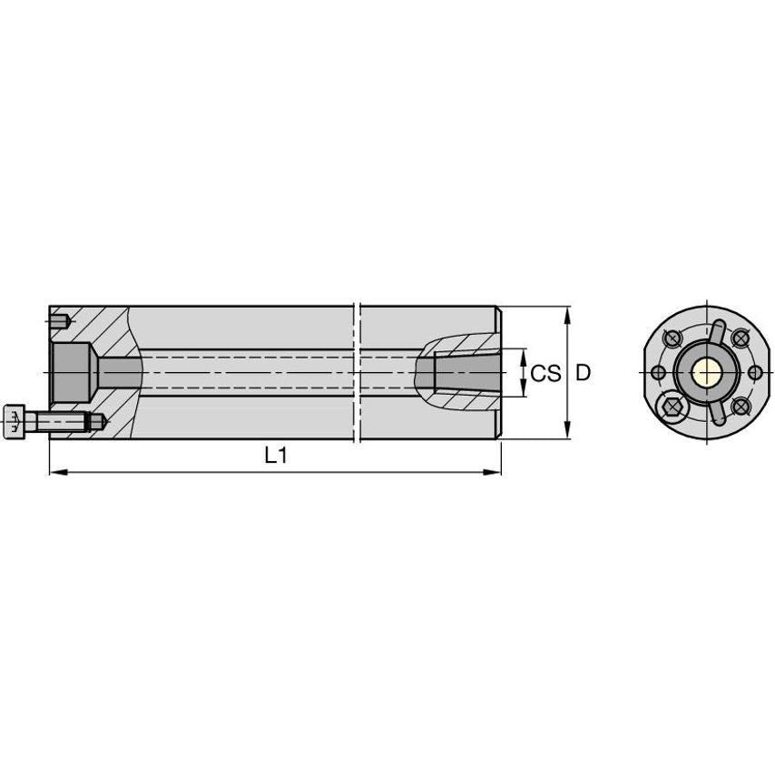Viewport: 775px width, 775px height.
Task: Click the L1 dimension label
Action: tap(276, 456)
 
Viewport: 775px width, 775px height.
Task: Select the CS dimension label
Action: tap(545, 373)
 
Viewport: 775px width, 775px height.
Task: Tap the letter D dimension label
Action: tap(584, 373)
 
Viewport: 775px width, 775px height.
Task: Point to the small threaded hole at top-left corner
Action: tap(60, 320)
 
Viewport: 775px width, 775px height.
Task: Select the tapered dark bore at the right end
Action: tap(467, 373)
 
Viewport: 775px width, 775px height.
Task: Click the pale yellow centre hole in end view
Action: tap(705, 372)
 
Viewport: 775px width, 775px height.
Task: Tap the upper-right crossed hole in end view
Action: tap(740, 338)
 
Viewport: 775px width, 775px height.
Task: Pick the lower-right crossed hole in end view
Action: tap(740, 406)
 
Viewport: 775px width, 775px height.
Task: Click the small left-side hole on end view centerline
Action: tap(656, 372)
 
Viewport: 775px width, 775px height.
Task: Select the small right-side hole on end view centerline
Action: tap(754, 372)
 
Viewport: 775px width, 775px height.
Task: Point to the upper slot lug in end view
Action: tap(718, 332)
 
